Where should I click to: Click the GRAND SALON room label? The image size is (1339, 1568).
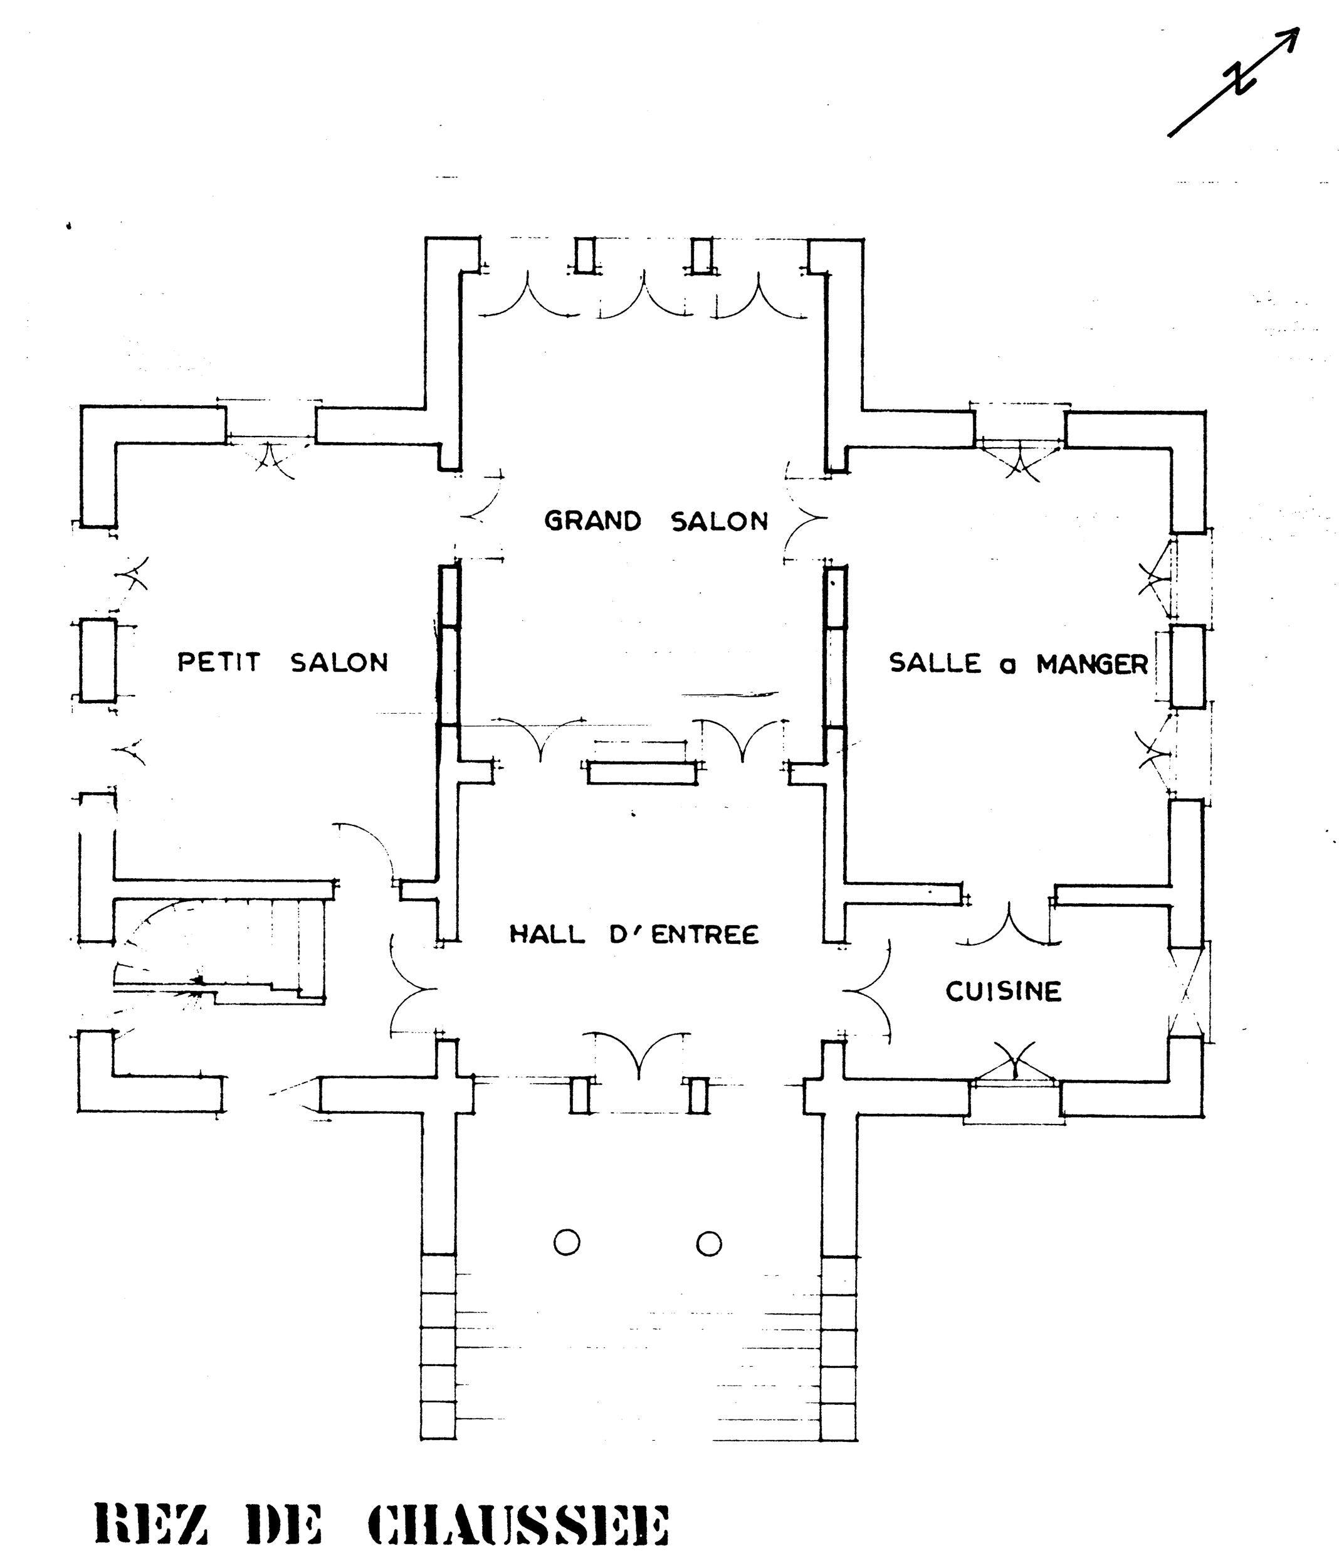click(x=656, y=521)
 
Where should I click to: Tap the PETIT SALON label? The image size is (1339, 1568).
click(x=282, y=662)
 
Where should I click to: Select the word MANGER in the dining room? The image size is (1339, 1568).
click(x=1091, y=664)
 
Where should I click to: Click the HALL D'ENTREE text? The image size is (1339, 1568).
click(x=633, y=934)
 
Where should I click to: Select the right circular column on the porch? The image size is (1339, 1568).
click(x=709, y=1242)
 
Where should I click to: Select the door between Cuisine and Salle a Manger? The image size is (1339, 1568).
click(x=1009, y=923)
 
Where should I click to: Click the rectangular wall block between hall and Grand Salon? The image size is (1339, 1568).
click(x=641, y=773)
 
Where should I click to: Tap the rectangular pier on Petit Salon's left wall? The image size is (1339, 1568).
click(x=98, y=660)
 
